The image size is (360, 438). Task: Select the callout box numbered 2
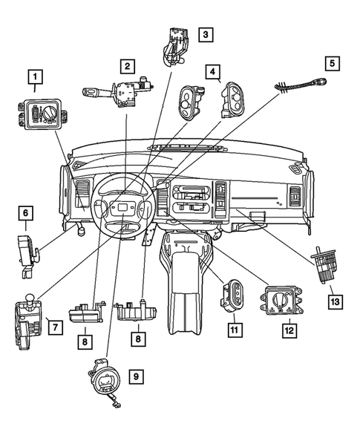coord(128,67)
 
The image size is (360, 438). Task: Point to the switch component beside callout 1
coord(40,114)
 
